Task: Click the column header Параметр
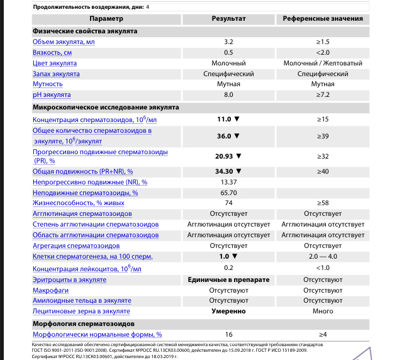point(88,19)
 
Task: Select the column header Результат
point(228,19)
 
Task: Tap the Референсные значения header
point(323,19)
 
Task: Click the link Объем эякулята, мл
point(64,42)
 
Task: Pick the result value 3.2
point(228,42)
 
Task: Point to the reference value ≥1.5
point(323,42)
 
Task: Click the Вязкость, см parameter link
point(52,52)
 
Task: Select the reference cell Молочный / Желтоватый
point(323,64)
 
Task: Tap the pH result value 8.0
point(228,95)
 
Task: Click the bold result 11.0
point(225,119)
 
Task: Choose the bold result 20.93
point(225,156)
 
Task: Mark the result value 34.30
point(225,171)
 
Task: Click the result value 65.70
point(228,193)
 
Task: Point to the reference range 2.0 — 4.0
point(323,257)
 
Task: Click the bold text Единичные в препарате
point(228,279)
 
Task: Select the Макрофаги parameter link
point(48,290)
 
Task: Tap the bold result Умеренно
point(228,311)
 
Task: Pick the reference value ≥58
point(323,203)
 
